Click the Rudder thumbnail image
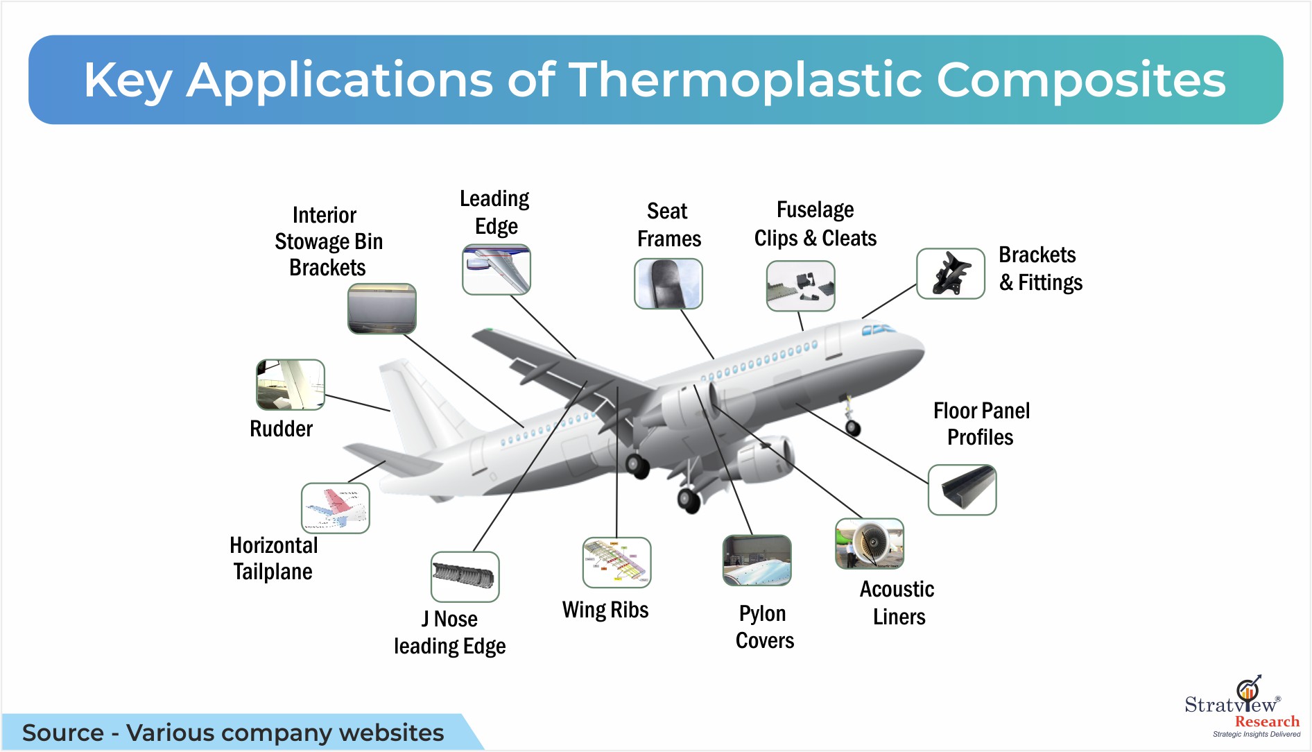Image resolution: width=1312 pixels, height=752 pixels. (x=291, y=384)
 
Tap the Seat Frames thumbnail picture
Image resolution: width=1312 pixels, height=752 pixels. (x=668, y=284)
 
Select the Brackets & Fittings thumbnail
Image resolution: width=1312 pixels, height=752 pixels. (x=951, y=274)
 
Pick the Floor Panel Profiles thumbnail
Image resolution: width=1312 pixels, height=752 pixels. (x=963, y=490)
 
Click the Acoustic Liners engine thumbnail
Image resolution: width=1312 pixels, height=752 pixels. (x=870, y=544)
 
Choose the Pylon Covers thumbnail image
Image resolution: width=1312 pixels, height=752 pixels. (x=757, y=561)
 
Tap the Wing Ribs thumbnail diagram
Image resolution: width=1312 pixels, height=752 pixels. (x=617, y=563)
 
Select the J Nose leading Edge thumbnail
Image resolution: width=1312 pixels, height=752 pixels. (x=465, y=577)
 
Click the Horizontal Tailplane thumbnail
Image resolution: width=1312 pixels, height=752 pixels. (x=336, y=509)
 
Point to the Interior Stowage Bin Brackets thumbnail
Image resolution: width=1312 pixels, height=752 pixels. (x=382, y=309)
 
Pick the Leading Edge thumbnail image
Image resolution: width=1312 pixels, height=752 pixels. (x=497, y=269)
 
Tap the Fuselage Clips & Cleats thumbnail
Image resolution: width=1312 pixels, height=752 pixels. (x=801, y=286)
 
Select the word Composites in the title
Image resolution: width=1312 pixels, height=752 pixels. (x=1081, y=80)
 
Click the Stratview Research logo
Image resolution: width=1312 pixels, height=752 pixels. (x=1242, y=706)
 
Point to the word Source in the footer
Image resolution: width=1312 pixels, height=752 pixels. (x=63, y=733)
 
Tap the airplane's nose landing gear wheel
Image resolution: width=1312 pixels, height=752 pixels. (x=853, y=428)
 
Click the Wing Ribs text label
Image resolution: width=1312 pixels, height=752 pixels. (x=605, y=610)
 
